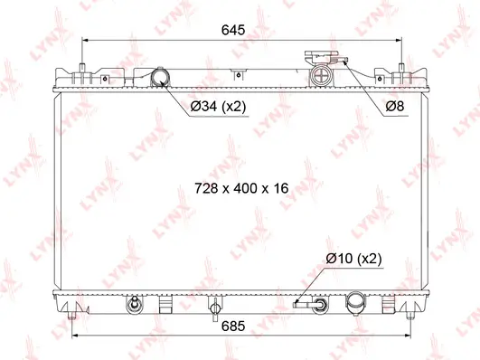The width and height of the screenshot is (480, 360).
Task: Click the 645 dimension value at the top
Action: (233, 29)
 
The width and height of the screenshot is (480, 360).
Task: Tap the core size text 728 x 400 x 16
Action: (240, 188)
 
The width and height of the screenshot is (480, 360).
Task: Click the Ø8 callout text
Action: (394, 107)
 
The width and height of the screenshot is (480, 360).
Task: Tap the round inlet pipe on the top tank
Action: (162, 78)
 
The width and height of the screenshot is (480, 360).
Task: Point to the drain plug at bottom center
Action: (213, 308)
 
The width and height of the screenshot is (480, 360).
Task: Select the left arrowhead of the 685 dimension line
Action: (75, 336)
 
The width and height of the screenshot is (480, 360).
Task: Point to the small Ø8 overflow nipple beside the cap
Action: (344, 61)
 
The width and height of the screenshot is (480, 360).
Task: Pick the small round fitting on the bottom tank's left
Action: (133, 303)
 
